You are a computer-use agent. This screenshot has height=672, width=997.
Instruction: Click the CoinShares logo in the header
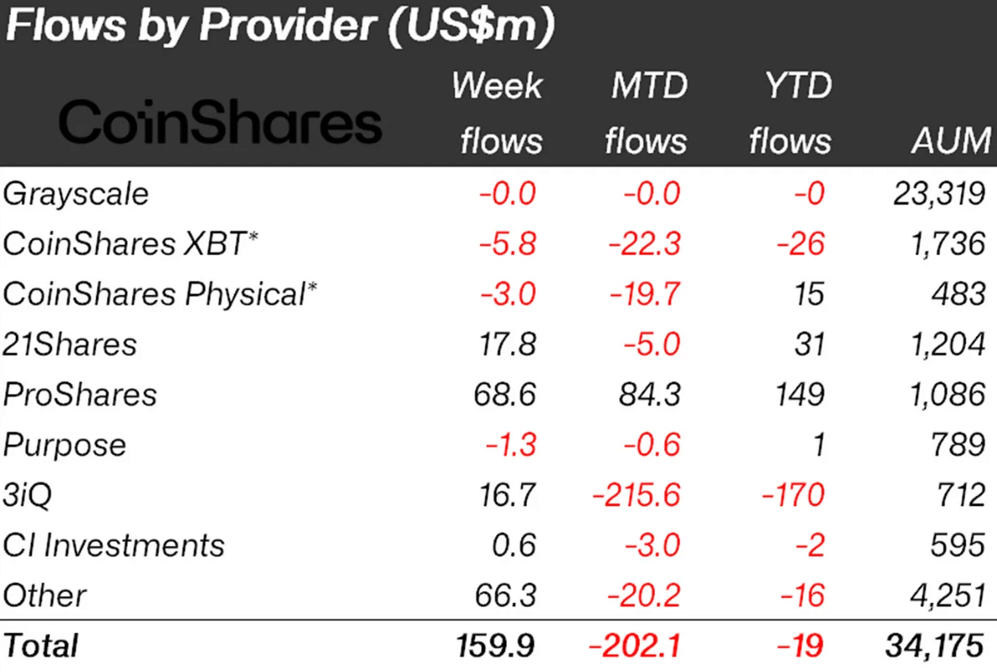[x=220, y=123]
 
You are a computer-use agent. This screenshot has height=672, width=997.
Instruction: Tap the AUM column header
[x=951, y=141]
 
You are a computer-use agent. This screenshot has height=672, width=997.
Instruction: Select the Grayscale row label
[x=76, y=194]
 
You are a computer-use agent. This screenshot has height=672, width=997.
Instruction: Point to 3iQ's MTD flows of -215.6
[x=636, y=494]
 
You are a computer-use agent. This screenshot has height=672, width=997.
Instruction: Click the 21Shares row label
[x=70, y=344]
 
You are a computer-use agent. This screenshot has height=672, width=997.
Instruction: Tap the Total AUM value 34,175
[x=934, y=645]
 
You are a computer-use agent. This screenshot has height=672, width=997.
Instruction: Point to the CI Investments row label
[x=114, y=545]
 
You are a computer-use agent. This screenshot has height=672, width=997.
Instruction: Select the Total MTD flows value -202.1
[x=636, y=645]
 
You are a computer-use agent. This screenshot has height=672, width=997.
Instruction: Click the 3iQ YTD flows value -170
[x=792, y=494]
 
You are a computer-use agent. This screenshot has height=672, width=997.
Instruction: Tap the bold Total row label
[x=41, y=645]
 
